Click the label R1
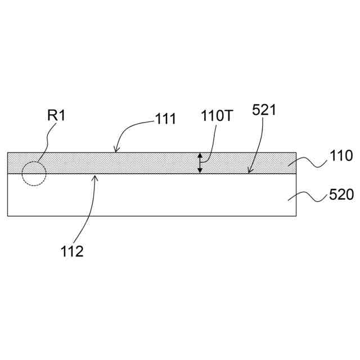tap(56, 115)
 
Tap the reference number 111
tap(165, 119)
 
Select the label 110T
tap(217, 115)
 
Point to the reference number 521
tap(264, 110)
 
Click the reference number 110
tap(341, 155)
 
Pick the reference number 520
tap(341, 195)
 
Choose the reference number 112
tap(72, 251)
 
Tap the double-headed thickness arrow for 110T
tap(200, 163)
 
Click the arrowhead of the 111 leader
tap(116, 150)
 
